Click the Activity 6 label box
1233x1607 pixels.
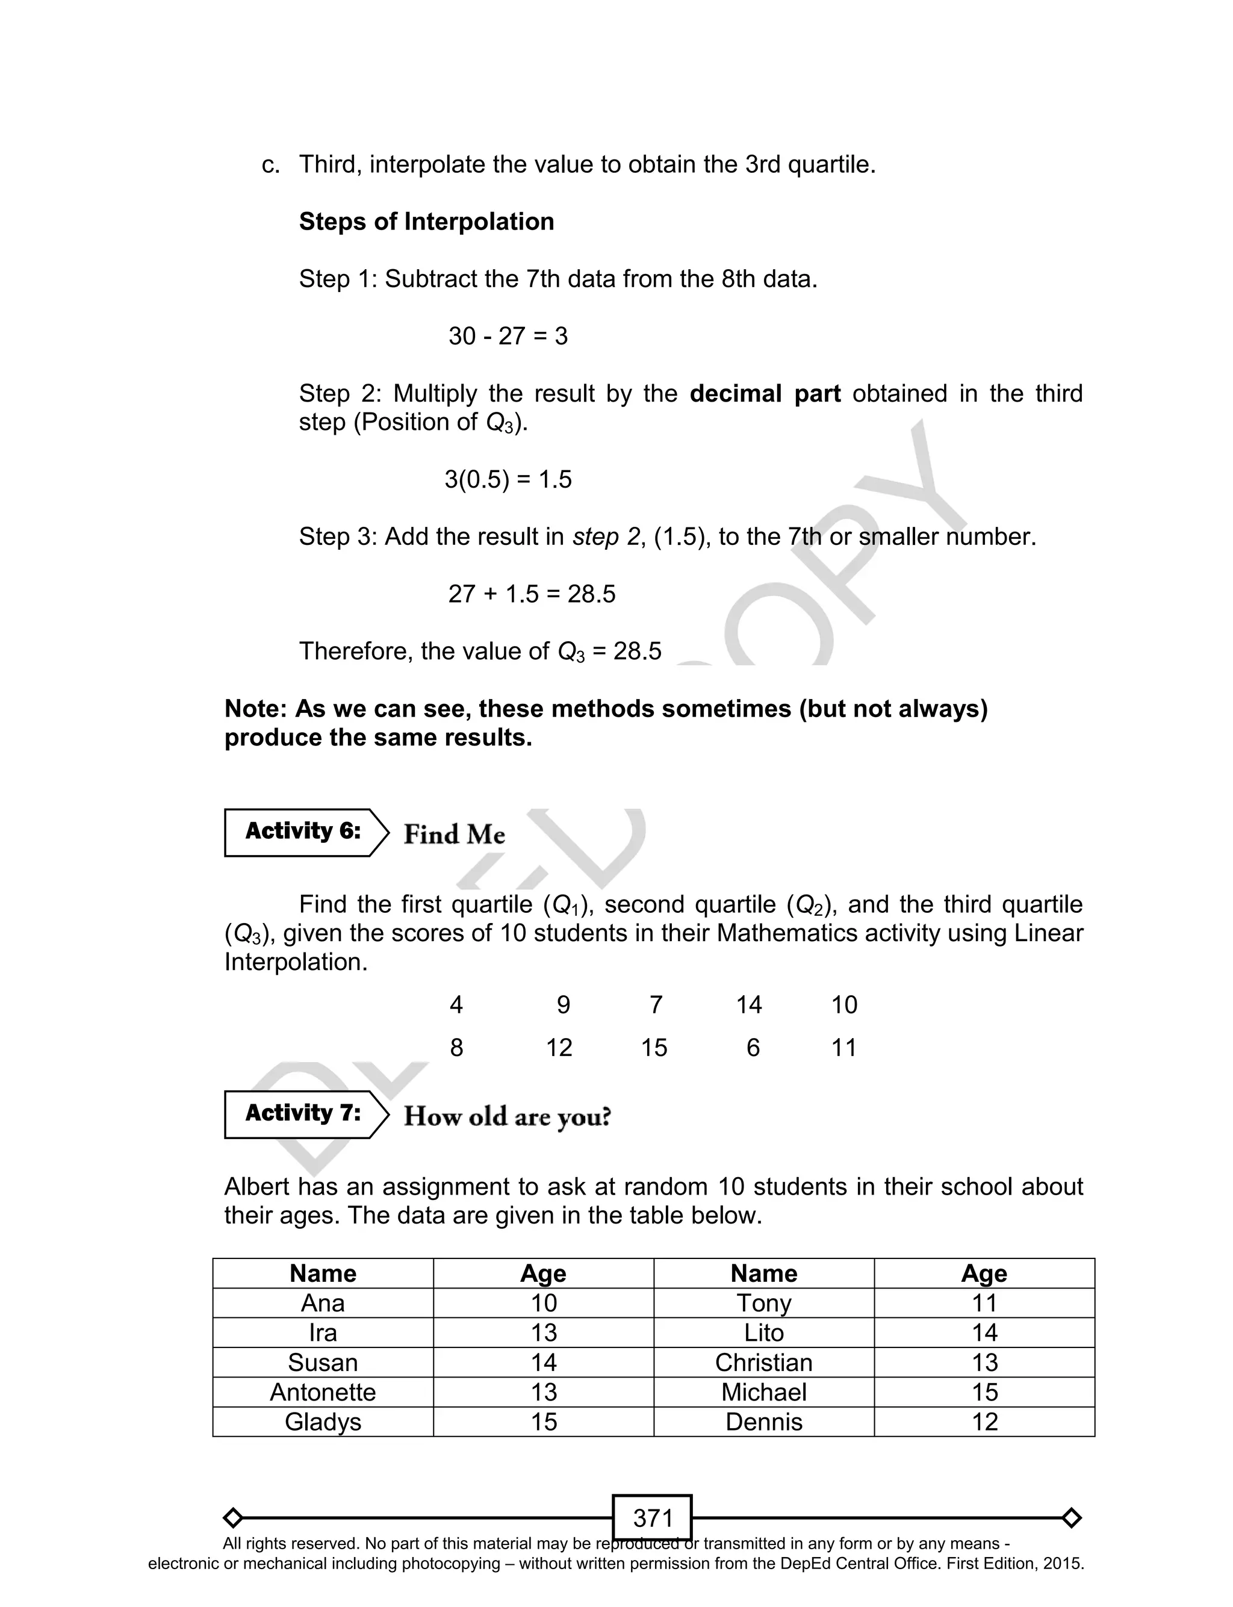[x=303, y=832]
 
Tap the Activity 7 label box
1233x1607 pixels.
[x=303, y=1114]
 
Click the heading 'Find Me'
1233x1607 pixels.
[x=455, y=835]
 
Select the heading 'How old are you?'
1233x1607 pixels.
[x=507, y=1116]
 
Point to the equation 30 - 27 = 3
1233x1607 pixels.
[x=508, y=336]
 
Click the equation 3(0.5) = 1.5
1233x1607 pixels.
[x=508, y=479]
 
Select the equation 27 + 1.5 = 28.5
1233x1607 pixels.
[x=532, y=594]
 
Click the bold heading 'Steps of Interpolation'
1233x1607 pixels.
[x=426, y=222]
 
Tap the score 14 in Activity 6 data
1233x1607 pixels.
[x=748, y=1004]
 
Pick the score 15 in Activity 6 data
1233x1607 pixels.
[x=654, y=1047]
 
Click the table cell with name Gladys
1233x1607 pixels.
[x=323, y=1422]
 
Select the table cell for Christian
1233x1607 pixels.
[x=763, y=1362]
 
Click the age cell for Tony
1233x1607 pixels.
[x=984, y=1302]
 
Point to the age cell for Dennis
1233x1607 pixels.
[x=984, y=1422]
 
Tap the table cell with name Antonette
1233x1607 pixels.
[x=323, y=1392]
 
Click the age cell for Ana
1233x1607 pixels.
[x=543, y=1302]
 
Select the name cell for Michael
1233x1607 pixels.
[x=763, y=1392]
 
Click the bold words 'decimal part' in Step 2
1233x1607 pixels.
[x=765, y=393]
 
